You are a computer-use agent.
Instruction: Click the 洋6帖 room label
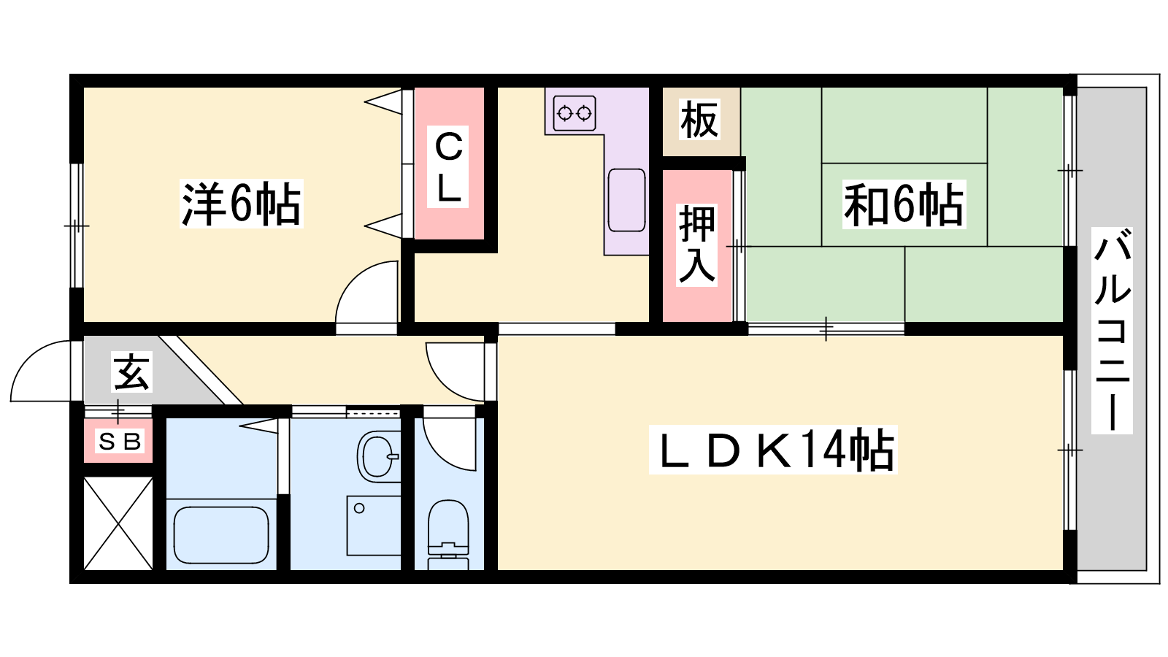[241, 204]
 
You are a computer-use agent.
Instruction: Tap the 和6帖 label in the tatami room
[904, 204]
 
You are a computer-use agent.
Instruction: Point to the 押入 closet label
[697, 244]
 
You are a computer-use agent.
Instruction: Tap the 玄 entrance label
[131, 372]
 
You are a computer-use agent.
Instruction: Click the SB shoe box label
[120, 442]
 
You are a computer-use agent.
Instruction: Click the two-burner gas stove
[574, 113]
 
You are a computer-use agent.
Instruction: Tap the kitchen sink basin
[626, 200]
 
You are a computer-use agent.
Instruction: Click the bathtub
[221, 534]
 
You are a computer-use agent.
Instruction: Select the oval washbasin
[378, 456]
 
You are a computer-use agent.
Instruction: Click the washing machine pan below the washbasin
[373, 525]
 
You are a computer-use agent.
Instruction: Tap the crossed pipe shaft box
[118, 523]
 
